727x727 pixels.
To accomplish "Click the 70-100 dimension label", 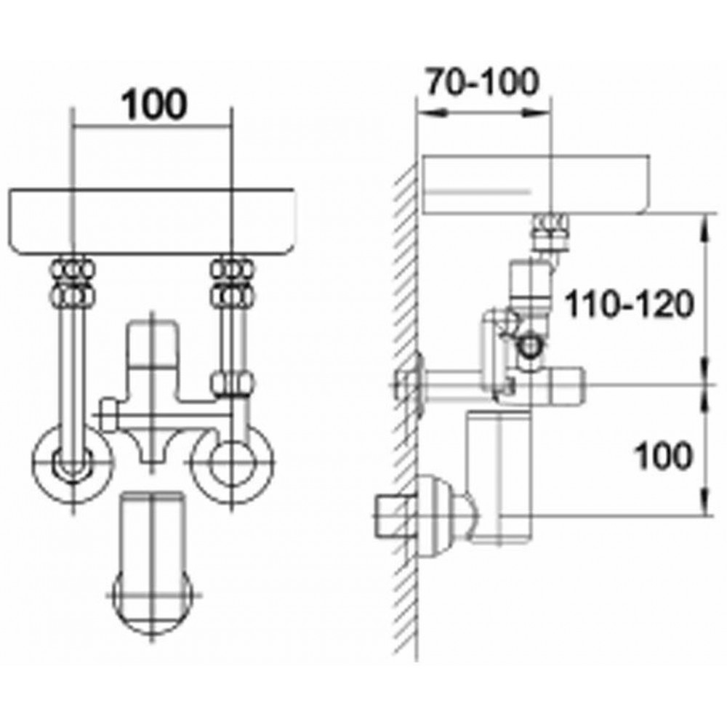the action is coord(483,81).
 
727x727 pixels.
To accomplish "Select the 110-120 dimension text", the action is coord(629,305).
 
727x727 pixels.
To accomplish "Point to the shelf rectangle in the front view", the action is coord(151,222).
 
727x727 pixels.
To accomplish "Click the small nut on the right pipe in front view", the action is coord(233,384).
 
